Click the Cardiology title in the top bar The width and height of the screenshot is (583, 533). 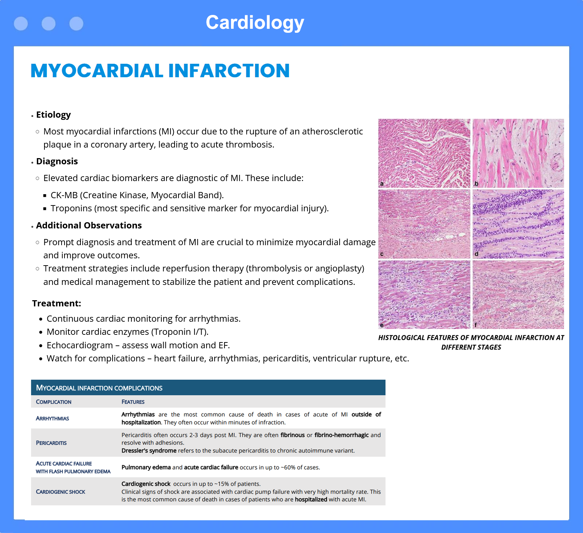255,23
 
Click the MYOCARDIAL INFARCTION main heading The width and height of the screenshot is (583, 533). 160,71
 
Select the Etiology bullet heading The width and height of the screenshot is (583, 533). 53,115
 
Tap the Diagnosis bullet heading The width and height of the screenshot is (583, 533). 57,161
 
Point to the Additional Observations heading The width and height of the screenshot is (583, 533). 89,226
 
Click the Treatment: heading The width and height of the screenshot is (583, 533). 56,303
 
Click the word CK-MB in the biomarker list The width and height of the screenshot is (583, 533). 64,195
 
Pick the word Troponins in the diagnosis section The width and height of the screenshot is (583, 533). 71,208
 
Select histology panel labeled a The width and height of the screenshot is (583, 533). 424,153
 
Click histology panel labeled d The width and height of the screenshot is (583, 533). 518,224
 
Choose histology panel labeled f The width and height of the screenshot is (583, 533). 518,294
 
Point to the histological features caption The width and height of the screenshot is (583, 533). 471,342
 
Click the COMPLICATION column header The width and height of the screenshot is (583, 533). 54,402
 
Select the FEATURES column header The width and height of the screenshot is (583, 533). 133,402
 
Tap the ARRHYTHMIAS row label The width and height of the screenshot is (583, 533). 52,419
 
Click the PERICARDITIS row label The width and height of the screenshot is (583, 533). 51,443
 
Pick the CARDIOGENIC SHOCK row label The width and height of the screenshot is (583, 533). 60,492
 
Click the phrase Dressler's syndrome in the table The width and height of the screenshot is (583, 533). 149,451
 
